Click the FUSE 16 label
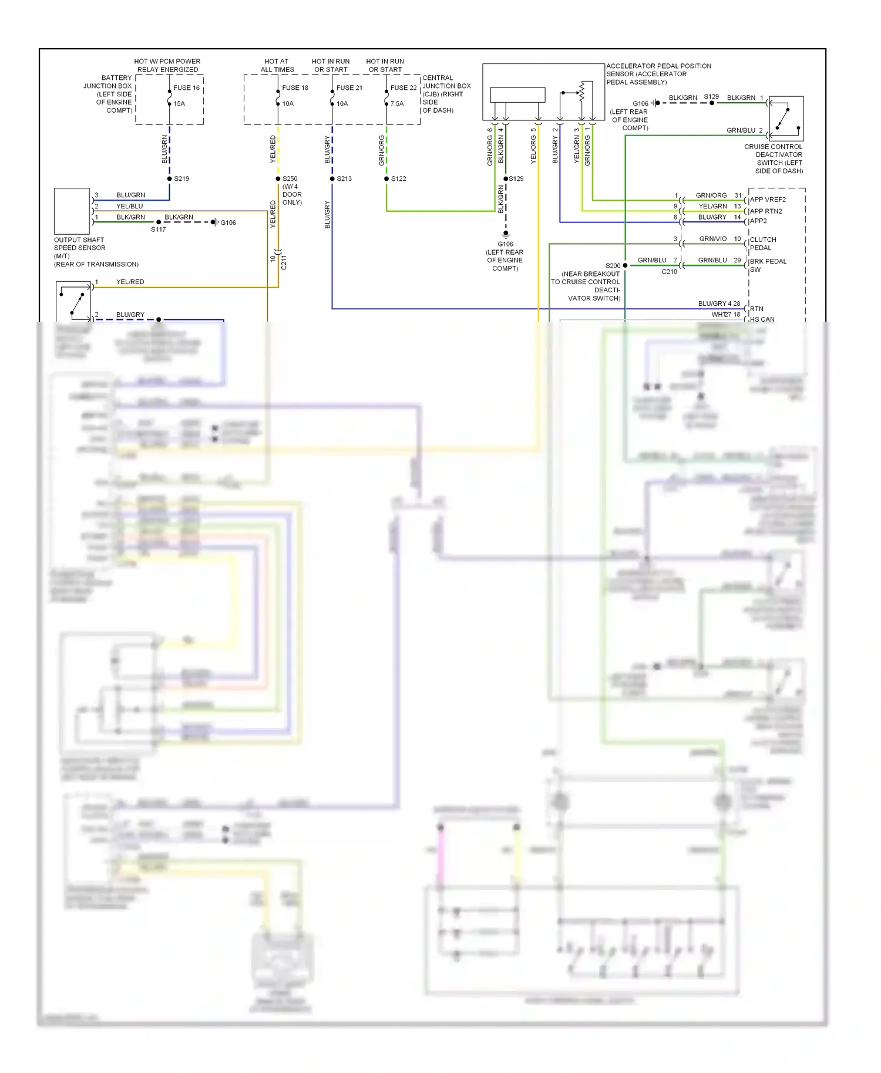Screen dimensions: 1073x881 [186, 87]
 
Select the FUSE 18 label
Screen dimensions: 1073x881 [295, 87]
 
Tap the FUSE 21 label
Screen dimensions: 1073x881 [349, 87]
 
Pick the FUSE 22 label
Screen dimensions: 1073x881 [403, 87]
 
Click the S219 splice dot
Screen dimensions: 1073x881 [170, 178]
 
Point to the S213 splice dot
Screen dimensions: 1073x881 [332, 178]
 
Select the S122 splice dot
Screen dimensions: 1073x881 [386, 178]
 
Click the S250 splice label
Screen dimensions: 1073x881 [290, 178]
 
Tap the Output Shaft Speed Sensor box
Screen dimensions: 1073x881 [72, 211]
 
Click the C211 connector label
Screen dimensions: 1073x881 [284, 262]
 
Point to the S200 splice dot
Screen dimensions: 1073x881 [625, 265]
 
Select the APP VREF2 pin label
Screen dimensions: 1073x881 [768, 200]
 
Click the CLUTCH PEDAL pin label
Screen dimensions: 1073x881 [762, 244]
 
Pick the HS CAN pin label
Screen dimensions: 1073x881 [762, 319]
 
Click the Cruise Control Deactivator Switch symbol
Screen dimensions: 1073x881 [786, 118]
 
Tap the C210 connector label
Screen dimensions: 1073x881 [669, 272]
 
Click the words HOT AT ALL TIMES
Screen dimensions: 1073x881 [277, 65]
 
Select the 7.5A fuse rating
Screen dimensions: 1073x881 [397, 103]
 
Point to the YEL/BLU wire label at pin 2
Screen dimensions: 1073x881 [129, 206]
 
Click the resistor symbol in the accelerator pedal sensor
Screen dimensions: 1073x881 [582, 91]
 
